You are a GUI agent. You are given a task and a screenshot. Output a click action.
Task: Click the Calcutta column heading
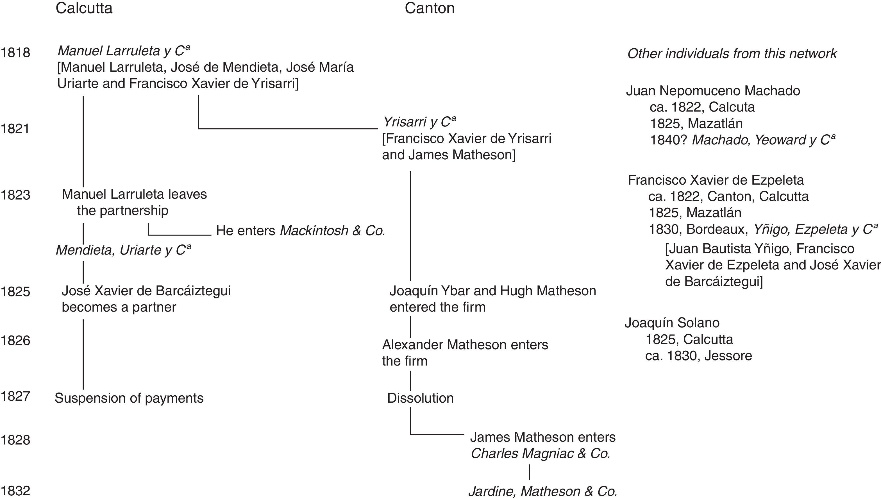[x=84, y=8]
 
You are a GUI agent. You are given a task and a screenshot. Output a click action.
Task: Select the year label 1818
[x=15, y=53]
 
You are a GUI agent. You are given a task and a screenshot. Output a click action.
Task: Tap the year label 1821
[x=15, y=129]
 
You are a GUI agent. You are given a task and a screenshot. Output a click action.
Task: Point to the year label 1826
[x=15, y=341]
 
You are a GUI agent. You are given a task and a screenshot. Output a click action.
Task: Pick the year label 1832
[x=15, y=491]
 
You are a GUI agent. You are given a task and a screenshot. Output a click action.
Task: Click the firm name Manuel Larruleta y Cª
[x=123, y=51]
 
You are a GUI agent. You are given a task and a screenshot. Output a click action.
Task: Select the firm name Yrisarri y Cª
[x=419, y=122]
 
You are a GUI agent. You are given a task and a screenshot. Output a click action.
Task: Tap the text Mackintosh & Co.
[x=332, y=231]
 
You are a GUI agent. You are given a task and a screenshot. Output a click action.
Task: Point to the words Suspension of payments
[x=129, y=398]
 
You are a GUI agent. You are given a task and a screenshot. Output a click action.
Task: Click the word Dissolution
[x=420, y=398]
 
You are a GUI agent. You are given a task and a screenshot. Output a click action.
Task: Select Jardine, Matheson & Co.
[x=543, y=491]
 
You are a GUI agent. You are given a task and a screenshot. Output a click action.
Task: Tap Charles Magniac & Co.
[x=541, y=453]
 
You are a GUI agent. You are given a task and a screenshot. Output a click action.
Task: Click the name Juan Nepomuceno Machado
[x=713, y=91]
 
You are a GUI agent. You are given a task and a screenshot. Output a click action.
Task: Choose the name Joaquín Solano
[x=672, y=323]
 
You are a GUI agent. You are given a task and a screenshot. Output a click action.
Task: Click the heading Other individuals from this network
[x=732, y=54]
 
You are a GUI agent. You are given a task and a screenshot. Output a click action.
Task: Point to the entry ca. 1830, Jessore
[x=698, y=356]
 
